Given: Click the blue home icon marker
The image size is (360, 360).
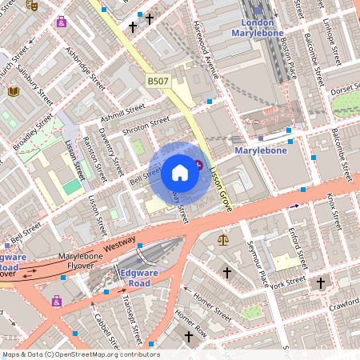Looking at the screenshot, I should coord(180,171).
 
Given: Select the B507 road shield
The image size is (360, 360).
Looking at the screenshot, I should coord(158,82).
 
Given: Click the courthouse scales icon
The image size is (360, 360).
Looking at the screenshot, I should coord(222,239).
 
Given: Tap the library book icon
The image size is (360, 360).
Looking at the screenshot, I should coord(14,92).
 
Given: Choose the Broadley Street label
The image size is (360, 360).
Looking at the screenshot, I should coord(33,133).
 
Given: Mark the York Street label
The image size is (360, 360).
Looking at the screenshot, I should coord(288,283).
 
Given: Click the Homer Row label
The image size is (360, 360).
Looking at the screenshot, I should coord(191,320).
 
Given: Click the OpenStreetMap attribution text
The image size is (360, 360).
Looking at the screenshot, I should coord(80,354).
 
